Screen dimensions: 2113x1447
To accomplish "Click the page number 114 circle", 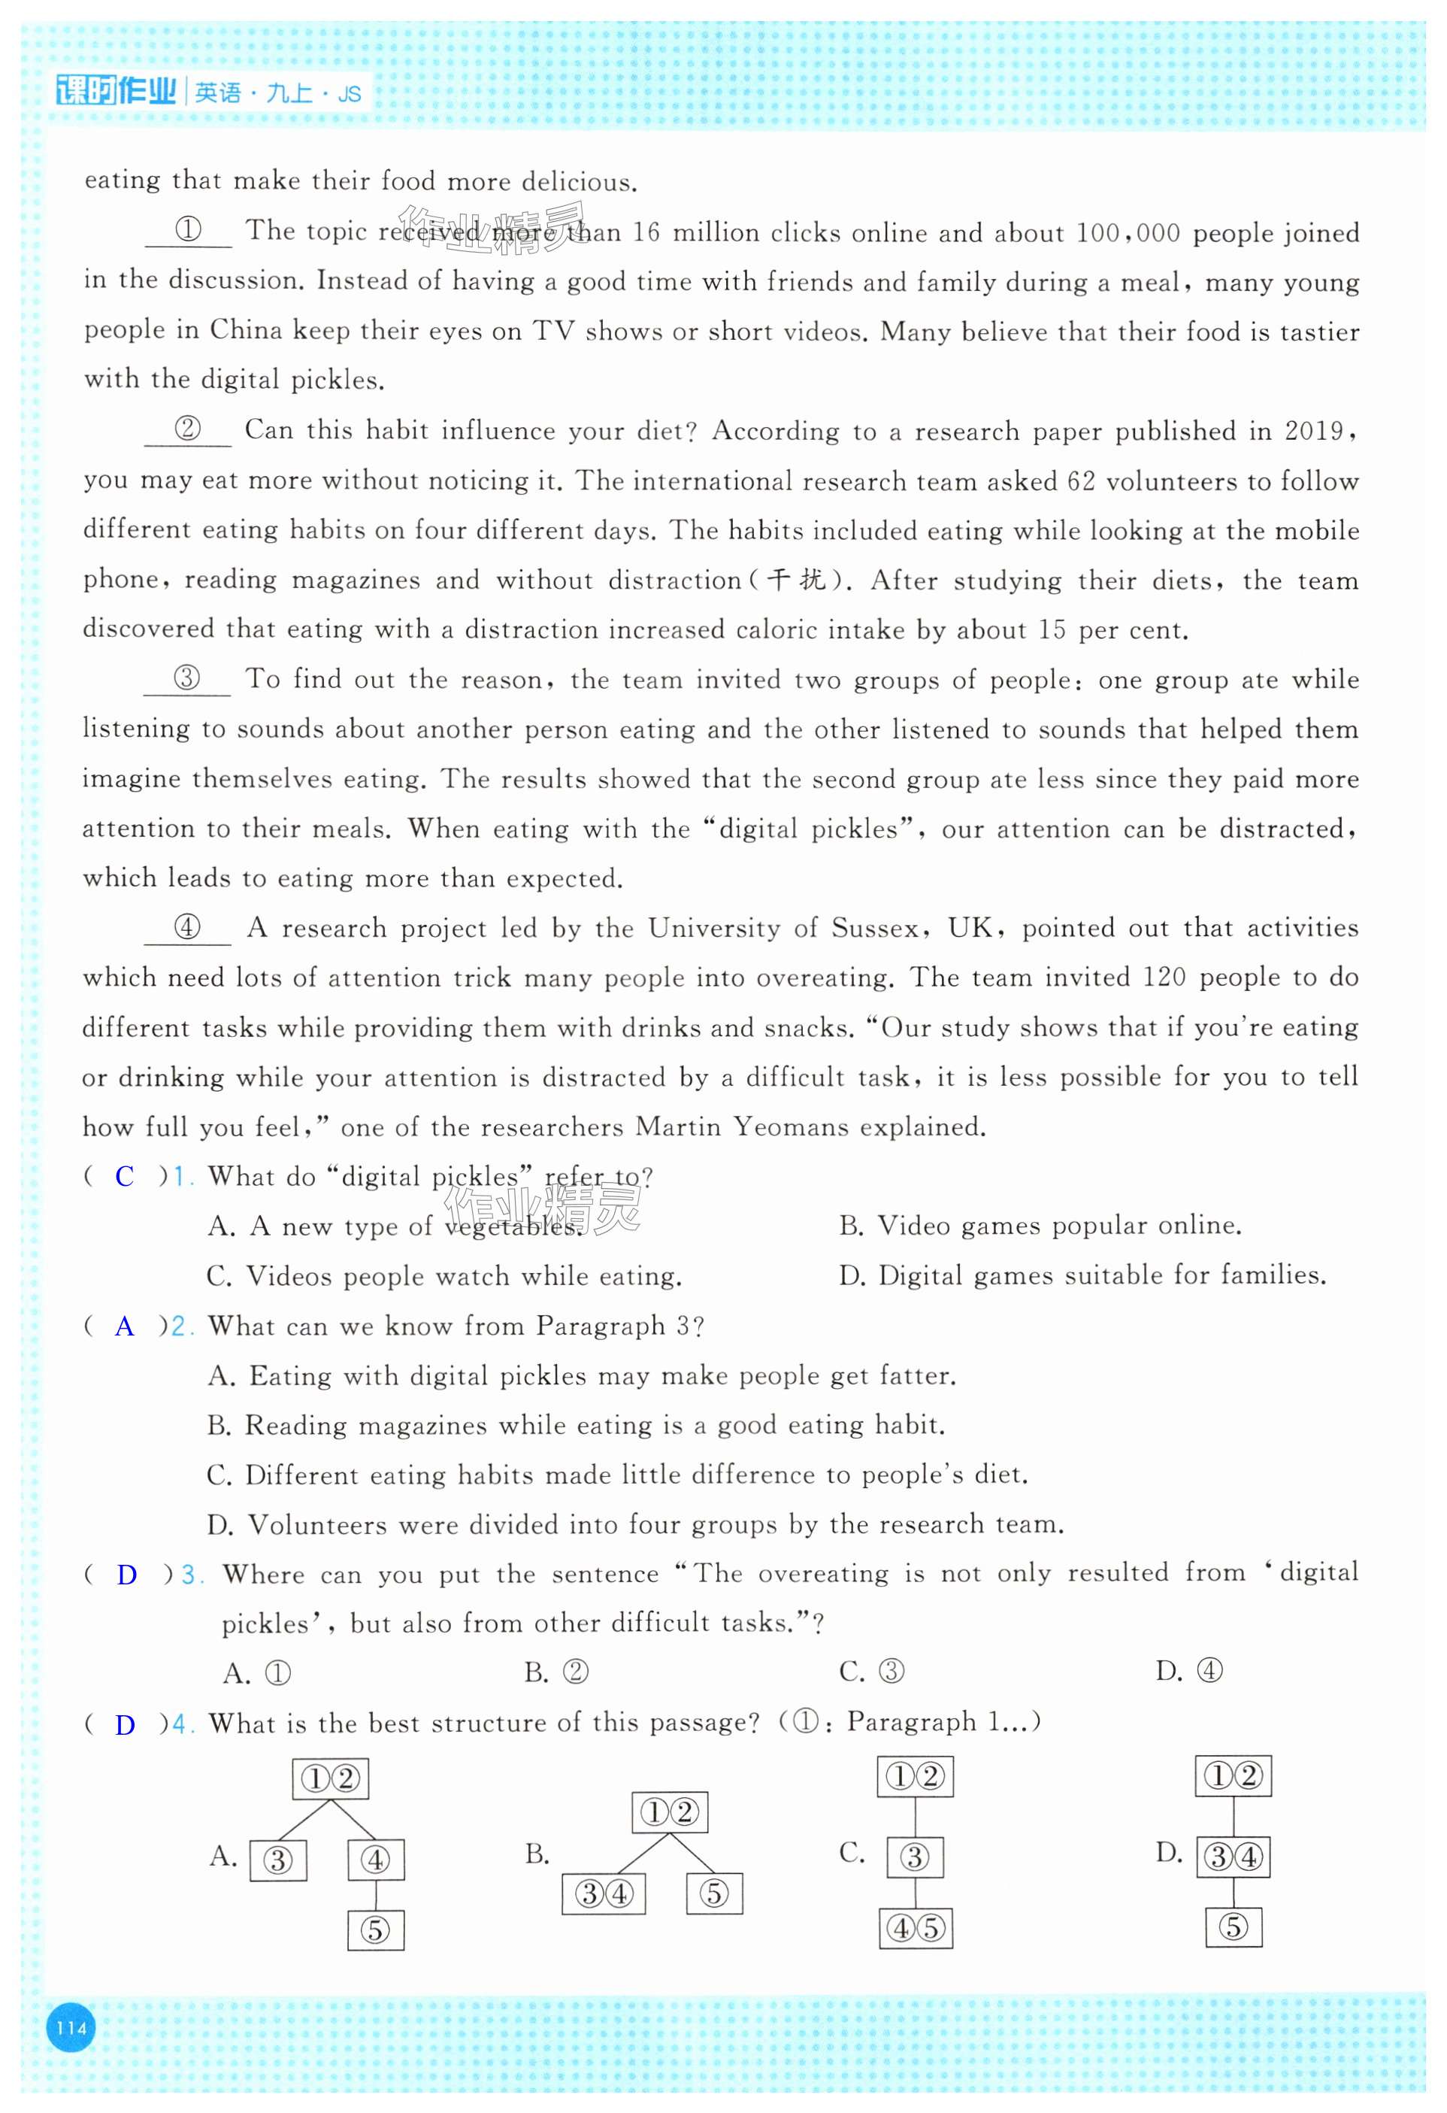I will [x=71, y=2027].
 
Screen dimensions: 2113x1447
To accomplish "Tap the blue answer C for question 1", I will [x=125, y=1177].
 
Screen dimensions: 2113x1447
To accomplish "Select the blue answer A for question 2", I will [x=125, y=1326].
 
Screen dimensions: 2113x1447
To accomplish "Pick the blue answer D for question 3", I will [x=126, y=1575].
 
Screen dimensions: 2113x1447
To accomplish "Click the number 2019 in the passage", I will [x=1313, y=431].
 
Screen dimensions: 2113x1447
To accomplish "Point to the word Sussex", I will [x=873, y=929].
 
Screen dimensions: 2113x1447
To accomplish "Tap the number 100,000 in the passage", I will [x=1127, y=234].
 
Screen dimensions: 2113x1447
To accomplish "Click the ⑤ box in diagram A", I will [x=375, y=1930].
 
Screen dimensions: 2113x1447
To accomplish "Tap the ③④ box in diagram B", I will [x=604, y=1894].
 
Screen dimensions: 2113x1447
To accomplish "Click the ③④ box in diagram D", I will [x=1233, y=1857].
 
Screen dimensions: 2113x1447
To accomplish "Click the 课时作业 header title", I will [x=116, y=92].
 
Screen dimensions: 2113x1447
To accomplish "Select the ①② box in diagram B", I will [x=669, y=1812].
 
